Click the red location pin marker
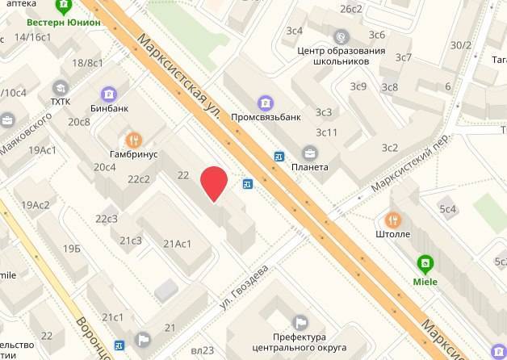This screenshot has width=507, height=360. pyautogui.click(x=214, y=183)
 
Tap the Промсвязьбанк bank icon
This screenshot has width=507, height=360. pyautogui.click(x=265, y=103)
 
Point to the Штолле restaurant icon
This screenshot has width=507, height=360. pyautogui.click(x=393, y=220)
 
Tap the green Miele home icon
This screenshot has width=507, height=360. pyautogui.click(x=423, y=263)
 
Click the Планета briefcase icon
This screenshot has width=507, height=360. pyautogui.click(x=309, y=153)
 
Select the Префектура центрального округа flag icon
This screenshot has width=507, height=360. pyautogui.click(x=300, y=322)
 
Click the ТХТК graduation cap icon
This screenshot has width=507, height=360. pyautogui.click(x=60, y=87)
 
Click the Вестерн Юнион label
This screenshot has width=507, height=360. pyautogui.click(x=63, y=23)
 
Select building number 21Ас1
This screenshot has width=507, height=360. pyautogui.click(x=177, y=243)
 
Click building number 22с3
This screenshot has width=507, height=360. pyautogui.click(x=107, y=219)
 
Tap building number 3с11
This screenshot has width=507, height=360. pyautogui.click(x=327, y=132)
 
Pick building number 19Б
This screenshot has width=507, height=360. pyautogui.click(x=73, y=248)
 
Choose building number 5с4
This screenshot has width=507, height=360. pyautogui.click(x=448, y=209)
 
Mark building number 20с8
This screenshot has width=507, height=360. pyautogui.click(x=79, y=122)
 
